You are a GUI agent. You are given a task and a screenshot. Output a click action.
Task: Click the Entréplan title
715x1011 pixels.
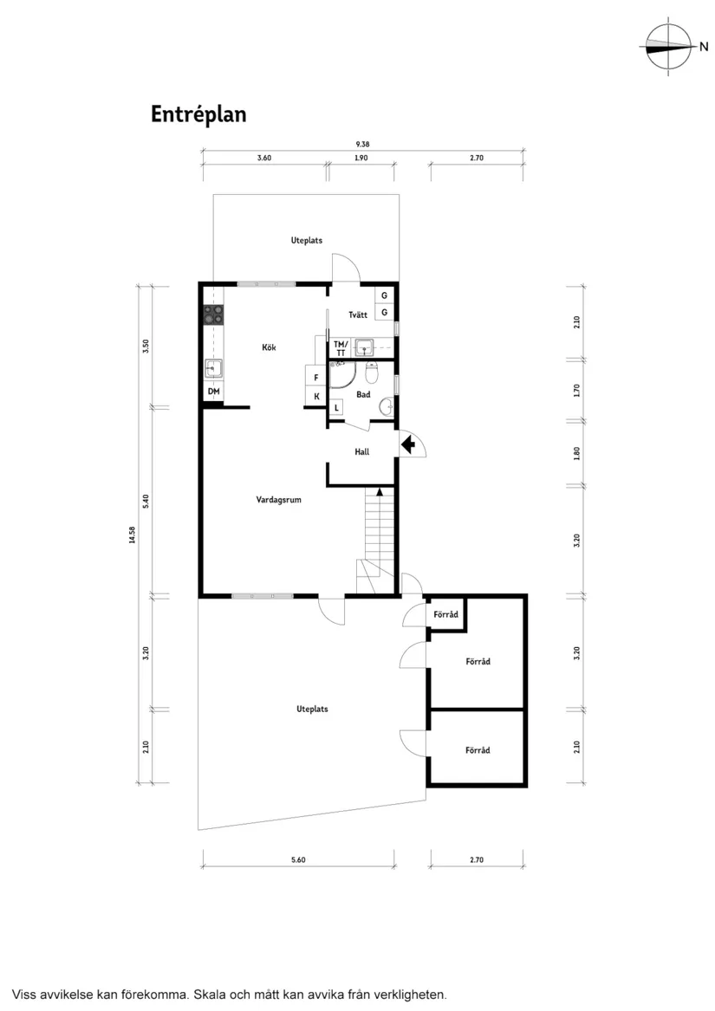198,114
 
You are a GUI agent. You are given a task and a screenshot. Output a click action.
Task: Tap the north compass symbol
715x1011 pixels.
670,47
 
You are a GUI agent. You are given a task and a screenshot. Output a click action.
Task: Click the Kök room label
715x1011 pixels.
269,347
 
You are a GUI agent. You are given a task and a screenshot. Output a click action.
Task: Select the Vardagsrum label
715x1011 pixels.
278,499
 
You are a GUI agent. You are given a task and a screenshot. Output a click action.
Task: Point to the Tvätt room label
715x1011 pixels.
358,314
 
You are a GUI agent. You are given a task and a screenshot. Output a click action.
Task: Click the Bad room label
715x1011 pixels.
363,394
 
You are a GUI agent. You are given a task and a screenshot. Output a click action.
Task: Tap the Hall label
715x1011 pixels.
362,451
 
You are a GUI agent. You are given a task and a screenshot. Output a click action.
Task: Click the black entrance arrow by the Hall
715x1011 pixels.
409,445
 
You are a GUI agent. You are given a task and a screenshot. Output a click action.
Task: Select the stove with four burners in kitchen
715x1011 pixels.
213,314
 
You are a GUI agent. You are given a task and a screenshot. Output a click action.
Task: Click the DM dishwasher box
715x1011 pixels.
213,392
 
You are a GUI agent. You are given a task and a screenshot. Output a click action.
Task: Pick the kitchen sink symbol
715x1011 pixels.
213,369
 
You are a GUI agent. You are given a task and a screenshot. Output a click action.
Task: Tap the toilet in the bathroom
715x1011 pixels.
373,373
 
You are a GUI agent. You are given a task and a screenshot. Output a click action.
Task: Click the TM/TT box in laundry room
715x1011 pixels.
341,348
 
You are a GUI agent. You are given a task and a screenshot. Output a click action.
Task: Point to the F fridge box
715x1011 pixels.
316,378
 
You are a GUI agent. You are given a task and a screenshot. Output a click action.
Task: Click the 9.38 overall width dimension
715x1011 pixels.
363,145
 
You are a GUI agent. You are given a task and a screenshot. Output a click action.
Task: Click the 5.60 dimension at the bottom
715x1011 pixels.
299,859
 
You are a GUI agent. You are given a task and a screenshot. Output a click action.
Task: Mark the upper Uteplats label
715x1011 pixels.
306,240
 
